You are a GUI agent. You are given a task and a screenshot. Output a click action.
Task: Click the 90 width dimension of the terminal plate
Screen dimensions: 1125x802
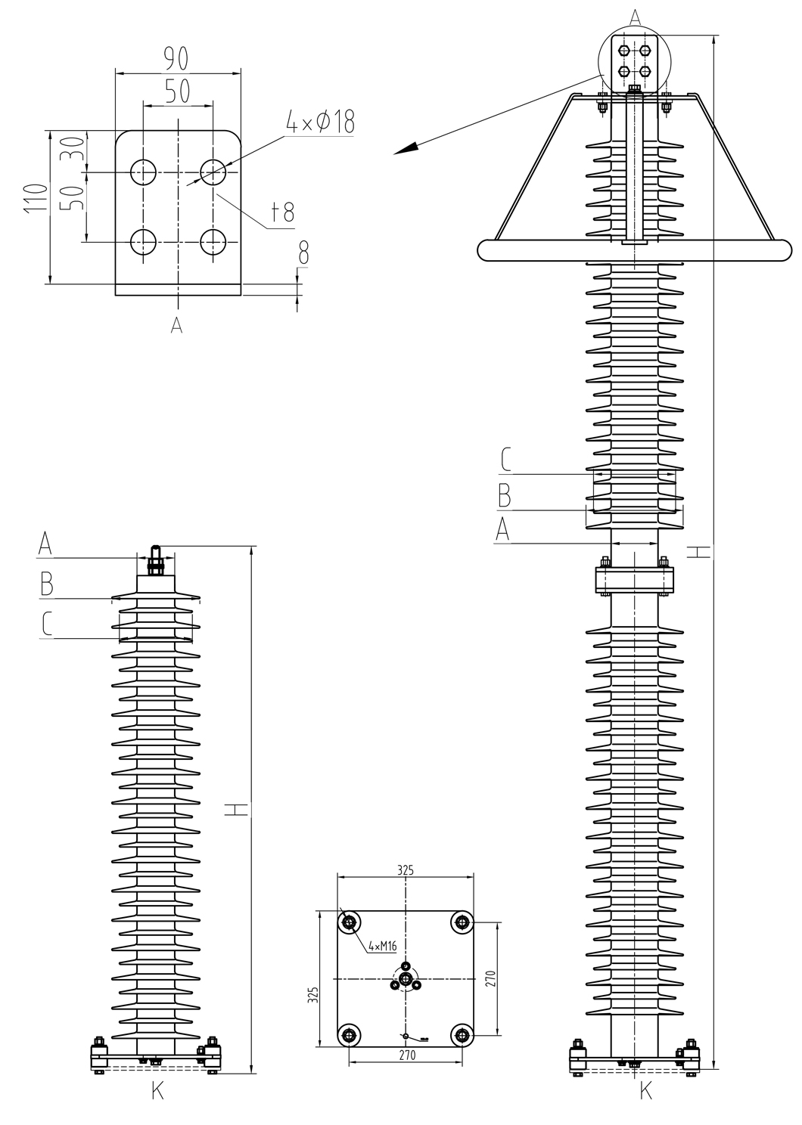point(176,57)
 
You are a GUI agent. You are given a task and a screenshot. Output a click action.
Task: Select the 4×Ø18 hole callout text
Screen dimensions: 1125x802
point(320,121)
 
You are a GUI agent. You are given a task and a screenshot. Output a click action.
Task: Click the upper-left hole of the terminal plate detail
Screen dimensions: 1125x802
point(143,172)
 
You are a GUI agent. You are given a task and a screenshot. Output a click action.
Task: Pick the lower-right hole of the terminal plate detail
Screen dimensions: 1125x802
point(213,242)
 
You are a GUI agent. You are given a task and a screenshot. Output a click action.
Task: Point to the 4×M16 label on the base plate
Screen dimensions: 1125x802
point(382,946)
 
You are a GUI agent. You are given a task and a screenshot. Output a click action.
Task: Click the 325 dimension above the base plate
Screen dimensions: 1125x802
point(406,870)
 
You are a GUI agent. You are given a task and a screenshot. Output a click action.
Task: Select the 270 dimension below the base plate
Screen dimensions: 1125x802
point(406,1056)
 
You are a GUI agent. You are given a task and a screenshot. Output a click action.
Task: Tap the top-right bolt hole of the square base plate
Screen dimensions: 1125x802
point(462,922)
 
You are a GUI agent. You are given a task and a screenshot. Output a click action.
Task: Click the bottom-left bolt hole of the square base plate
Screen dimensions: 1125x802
point(349,1035)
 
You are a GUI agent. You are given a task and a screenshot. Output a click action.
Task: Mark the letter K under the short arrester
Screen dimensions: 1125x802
point(157,1091)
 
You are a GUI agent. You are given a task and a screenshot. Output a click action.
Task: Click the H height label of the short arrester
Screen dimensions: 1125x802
point(237,810)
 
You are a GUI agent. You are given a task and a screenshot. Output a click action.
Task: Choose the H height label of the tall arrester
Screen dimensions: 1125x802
point(701,552)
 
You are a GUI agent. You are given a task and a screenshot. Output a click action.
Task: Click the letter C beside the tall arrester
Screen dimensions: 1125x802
point(507,460)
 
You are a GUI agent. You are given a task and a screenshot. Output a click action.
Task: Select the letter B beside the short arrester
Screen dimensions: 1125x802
point(46,584)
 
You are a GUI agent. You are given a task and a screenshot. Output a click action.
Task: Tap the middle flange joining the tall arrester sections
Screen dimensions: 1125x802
point(634,580)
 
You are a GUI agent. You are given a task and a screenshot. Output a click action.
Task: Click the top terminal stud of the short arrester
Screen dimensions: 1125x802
point(155,559)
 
